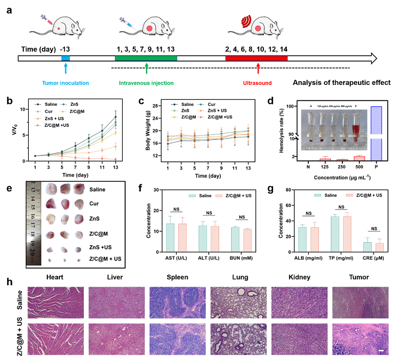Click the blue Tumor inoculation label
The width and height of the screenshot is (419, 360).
click(65, 84)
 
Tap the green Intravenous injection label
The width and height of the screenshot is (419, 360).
click(146, 84)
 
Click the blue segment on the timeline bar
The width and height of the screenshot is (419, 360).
click(66, 59)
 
